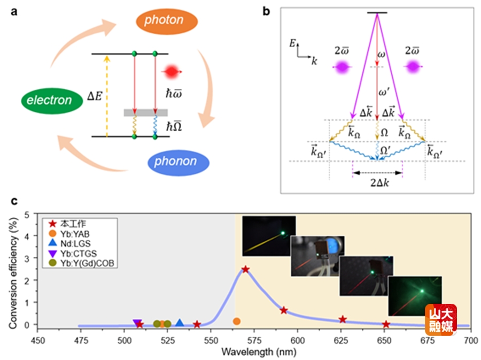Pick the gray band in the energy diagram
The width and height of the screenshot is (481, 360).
point(146,113)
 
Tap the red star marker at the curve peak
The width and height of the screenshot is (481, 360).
point(245,270)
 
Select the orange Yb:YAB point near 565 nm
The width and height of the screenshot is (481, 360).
point(237,321)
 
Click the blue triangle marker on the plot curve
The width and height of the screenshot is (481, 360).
point(180,323)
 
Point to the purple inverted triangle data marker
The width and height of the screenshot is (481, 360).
point(137,323)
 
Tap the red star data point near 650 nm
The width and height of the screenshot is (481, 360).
point(386,325)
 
